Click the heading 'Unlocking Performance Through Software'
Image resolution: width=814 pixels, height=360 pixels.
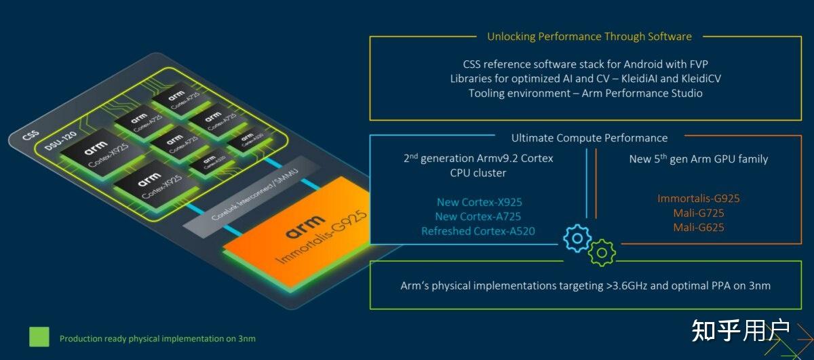(589, 37)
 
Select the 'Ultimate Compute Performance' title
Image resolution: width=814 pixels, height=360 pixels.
(589, 138)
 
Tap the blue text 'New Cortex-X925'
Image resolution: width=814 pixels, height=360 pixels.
(479, 201)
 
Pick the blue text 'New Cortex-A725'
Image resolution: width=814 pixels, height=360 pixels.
(479, 216)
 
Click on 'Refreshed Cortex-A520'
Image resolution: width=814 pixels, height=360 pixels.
(478, 231)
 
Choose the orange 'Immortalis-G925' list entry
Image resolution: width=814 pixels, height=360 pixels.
(698, 199)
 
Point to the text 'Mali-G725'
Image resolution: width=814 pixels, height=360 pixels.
(698, 213)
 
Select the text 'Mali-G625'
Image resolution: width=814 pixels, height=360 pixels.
(698, 227)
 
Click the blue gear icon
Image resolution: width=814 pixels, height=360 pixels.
(577, 237)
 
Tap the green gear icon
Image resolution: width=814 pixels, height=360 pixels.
(602, 252)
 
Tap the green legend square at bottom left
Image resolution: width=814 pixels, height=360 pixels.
(39, 337)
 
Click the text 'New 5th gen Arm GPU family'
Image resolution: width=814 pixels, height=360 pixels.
(698, 159)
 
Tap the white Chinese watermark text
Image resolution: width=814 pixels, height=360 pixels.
(741, 330)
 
